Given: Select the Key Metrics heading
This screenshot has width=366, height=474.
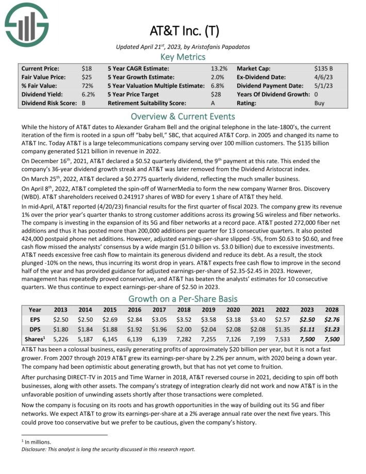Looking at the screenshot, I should click(183, 57).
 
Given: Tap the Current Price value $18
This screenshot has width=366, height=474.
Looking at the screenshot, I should click(87, 68).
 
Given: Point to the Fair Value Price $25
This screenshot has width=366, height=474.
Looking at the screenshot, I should click(87, 77).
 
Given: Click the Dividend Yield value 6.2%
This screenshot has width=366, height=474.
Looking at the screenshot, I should click(88, 94).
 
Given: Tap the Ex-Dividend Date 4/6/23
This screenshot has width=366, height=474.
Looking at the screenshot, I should click(322, 77).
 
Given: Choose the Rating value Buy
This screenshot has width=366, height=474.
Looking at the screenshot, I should click(320, 103).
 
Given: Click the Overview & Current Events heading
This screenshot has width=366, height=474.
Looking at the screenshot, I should click(183, 116).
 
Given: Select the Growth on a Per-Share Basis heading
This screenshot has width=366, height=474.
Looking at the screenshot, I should click(183, 299).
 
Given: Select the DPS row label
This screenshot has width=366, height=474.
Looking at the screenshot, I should click(35, 329).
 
